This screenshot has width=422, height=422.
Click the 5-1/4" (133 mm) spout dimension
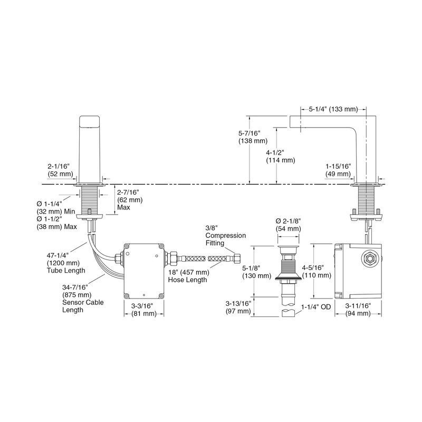[x=333, y=109]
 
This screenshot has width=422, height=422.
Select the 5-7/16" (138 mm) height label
[x=253, y=137]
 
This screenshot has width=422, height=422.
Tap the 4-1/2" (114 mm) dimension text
[x=281, y=156]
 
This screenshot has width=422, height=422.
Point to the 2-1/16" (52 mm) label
[x=60, y=170]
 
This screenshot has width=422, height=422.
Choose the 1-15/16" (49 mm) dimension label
[x=338, y=170]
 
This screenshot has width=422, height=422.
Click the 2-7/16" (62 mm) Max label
[x=130, y=200]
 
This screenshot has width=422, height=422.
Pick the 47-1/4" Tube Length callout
[x=66, y=263]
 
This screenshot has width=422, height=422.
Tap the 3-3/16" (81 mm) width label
[x=143, y=310]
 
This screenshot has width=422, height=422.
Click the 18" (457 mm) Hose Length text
[x=188, y=276]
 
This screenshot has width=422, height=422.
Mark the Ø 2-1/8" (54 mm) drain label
[x=288, y=225]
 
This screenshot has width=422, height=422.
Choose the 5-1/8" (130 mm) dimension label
[x=256, y=272]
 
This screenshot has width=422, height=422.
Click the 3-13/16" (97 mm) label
[x=238, y=308]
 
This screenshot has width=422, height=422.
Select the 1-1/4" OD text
[x=315, y=307]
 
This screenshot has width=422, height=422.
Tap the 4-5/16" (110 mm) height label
[x=316, y=271]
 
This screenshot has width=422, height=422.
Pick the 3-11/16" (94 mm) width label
[x=358, y=310]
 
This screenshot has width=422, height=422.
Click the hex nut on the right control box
[x=369, y=260]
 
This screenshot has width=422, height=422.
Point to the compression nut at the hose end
[x=237, y=258]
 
